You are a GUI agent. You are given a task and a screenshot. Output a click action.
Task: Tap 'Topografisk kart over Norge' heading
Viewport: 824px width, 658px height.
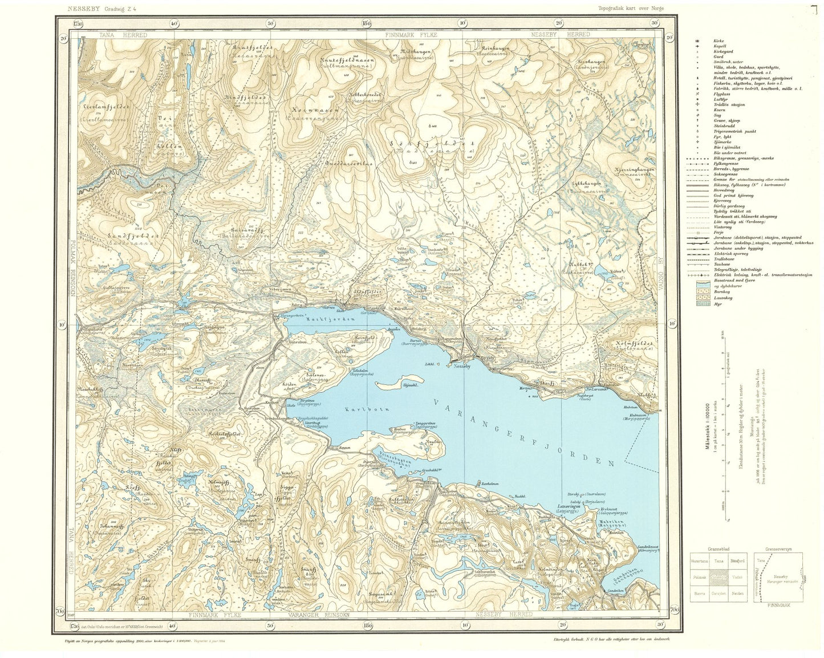point(631,9)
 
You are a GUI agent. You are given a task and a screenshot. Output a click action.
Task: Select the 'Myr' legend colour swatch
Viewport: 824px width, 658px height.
point(701,303)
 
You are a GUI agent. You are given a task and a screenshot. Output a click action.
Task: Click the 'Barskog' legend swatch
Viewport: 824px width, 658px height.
point(701,291)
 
